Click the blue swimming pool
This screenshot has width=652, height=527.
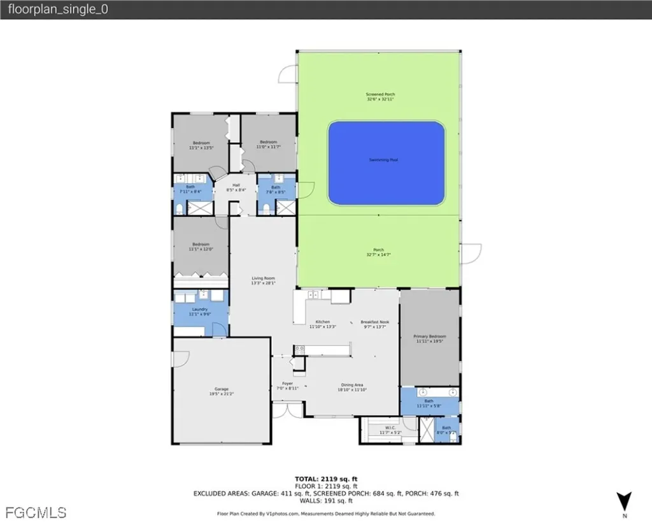click(386, 163)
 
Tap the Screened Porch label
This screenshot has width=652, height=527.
click(381, 96)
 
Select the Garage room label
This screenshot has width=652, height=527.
click(221, 391)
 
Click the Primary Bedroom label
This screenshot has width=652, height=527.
click(430, 338)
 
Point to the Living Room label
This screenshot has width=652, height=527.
click(263, 280)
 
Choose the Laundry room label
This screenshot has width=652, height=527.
click(200, 312)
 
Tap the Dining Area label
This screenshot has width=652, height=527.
click(352, 387)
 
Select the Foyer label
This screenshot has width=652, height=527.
click(287, 386)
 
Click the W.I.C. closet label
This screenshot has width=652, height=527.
click(391, 430)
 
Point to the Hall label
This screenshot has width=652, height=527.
click(236, 187)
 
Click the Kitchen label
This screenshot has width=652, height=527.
click(323, 324)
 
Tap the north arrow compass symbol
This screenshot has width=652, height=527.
click(625, 502)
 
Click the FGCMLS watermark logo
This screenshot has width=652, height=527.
click(35, 512)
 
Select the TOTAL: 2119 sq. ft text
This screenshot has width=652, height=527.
click(325, 479)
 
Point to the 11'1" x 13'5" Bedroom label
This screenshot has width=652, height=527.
click(201, 145)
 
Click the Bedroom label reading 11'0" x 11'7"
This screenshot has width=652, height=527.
click(268, 145)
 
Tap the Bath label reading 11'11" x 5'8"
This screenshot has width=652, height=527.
click(429, 403)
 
